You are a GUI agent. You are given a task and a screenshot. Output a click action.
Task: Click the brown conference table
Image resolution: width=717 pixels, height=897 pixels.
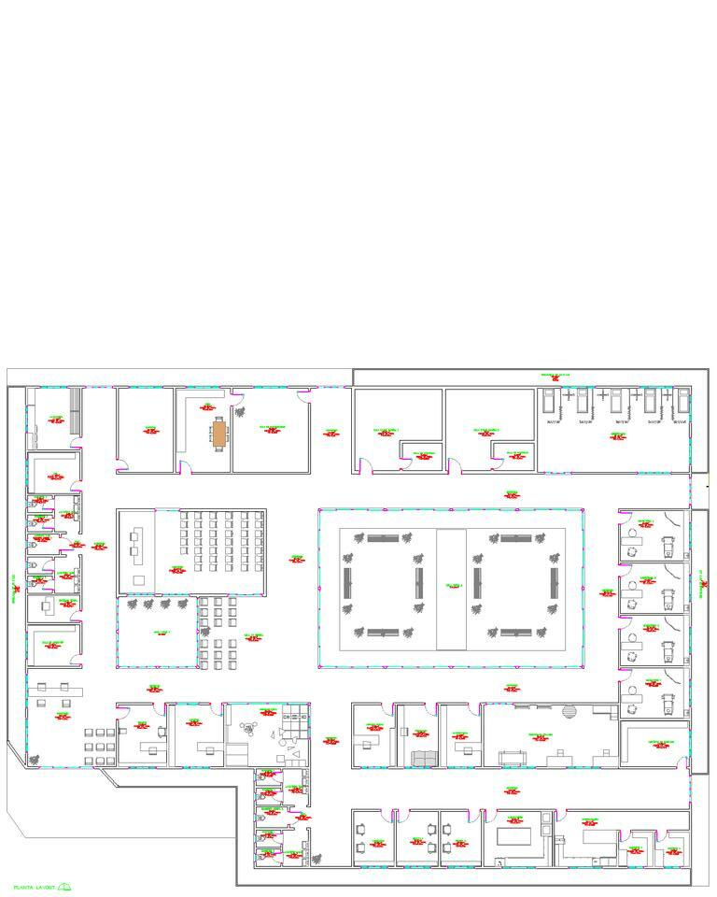tap(219, 434)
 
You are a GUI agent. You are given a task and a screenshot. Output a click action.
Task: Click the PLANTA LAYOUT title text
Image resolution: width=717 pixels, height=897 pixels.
tap(35, 886)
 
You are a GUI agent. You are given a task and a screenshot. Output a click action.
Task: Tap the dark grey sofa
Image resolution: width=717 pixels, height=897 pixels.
tap(423, 757)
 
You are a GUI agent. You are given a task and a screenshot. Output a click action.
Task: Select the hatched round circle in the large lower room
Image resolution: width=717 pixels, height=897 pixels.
tap(570, 713)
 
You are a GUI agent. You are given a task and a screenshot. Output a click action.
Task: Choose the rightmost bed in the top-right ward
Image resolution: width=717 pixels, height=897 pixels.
tap(683, 401)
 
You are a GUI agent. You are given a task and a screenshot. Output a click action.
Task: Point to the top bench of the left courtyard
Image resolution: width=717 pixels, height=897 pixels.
tap(382, 538)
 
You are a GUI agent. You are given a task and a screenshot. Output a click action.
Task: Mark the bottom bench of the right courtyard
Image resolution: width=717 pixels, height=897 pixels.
tap(515, 633)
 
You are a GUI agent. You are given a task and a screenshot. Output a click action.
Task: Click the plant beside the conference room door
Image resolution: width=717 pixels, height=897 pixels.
tap(240, 411)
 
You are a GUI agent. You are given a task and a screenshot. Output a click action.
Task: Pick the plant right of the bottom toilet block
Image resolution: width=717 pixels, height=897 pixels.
tap(315, 857)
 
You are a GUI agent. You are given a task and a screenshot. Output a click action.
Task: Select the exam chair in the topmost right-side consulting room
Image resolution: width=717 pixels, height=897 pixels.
tap(668, 545)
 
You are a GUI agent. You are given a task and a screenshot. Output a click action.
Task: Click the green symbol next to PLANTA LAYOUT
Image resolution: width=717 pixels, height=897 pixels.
tap(65, 886)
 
